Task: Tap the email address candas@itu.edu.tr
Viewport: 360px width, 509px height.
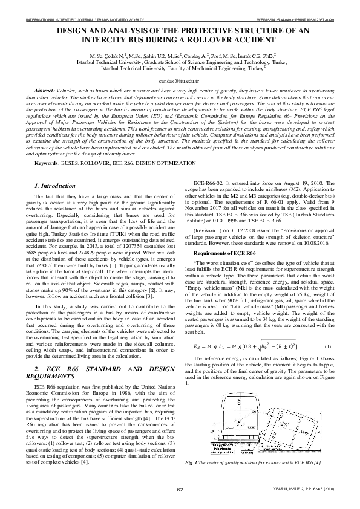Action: (x=179, y=79)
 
